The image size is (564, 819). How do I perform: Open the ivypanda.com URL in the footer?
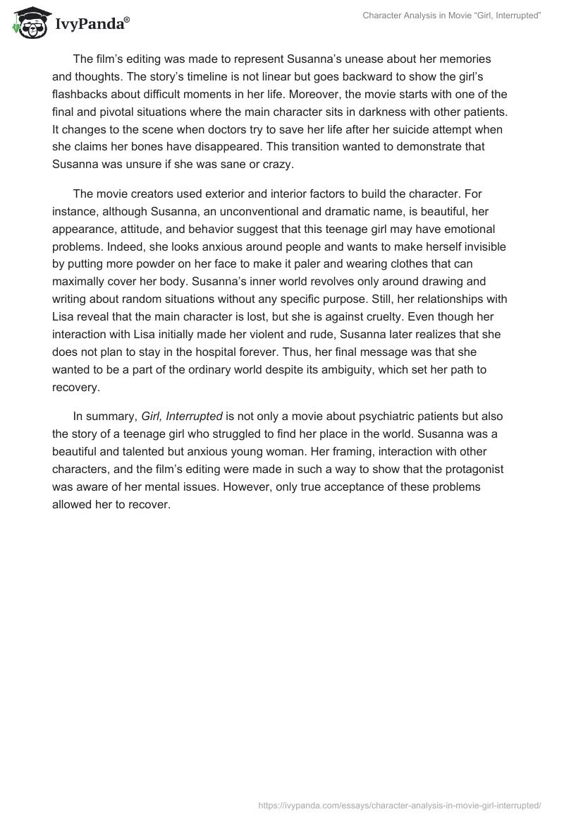[x=400, y=804]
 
